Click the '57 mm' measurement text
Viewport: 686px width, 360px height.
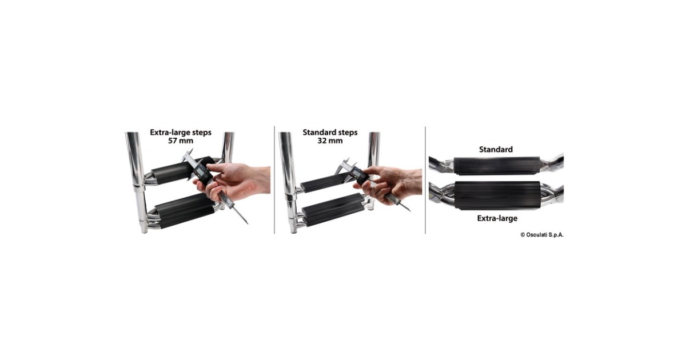coord(181,141)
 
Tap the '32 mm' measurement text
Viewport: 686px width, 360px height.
coord(330,141)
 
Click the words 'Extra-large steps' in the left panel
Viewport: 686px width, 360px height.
coord(181,133)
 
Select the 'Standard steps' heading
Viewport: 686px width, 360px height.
coord(330,133)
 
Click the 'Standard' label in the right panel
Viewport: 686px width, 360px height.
coord(496,149)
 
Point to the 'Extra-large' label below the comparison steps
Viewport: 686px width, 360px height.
coord(497,218)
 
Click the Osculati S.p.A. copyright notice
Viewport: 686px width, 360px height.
coord(542,235)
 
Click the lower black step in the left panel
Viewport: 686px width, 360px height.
coord(185,211)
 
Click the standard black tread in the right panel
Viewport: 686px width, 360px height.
coord(497,166)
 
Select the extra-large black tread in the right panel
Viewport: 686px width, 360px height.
coord(497,195)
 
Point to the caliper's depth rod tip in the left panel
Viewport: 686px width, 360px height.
coord(248,223)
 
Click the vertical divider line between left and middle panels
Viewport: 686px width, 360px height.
coord(274,180)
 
